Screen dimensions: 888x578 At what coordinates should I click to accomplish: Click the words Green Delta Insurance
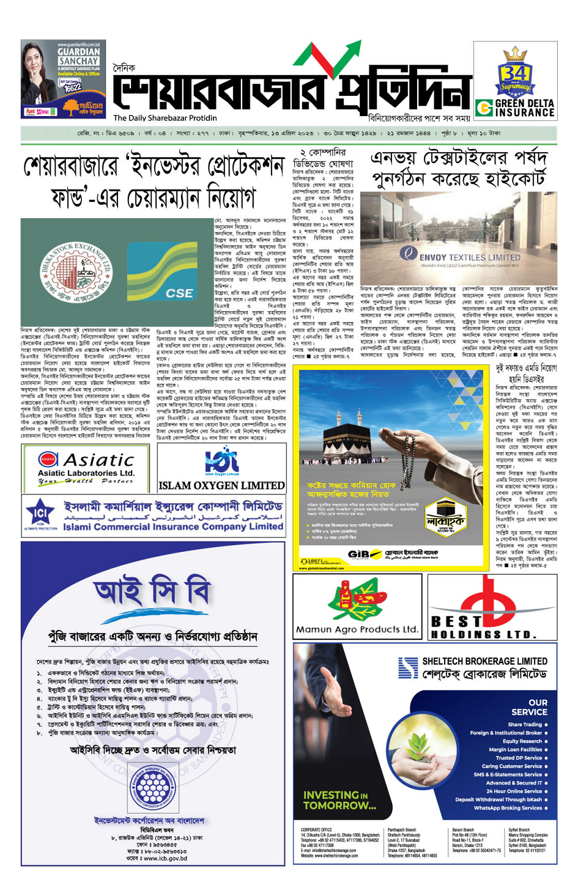point(524,108)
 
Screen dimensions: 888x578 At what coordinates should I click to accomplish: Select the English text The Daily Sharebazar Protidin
point(165,118)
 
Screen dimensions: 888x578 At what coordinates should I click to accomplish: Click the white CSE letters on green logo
point(179,293)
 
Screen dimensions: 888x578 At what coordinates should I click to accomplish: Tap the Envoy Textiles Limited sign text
point(469,257)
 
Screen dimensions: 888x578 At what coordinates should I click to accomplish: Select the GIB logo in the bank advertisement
point(361,554)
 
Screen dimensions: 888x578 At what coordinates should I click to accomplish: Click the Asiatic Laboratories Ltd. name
point(86,473)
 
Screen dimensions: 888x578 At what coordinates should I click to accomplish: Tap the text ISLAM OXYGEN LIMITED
point(221,485)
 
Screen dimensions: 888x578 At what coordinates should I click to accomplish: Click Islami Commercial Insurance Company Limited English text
point(173,526)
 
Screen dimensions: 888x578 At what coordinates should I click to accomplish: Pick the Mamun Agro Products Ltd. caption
point(357,629)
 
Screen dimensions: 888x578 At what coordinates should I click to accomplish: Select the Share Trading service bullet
point(525,724)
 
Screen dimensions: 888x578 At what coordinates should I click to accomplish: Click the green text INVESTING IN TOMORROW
point(339,800)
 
